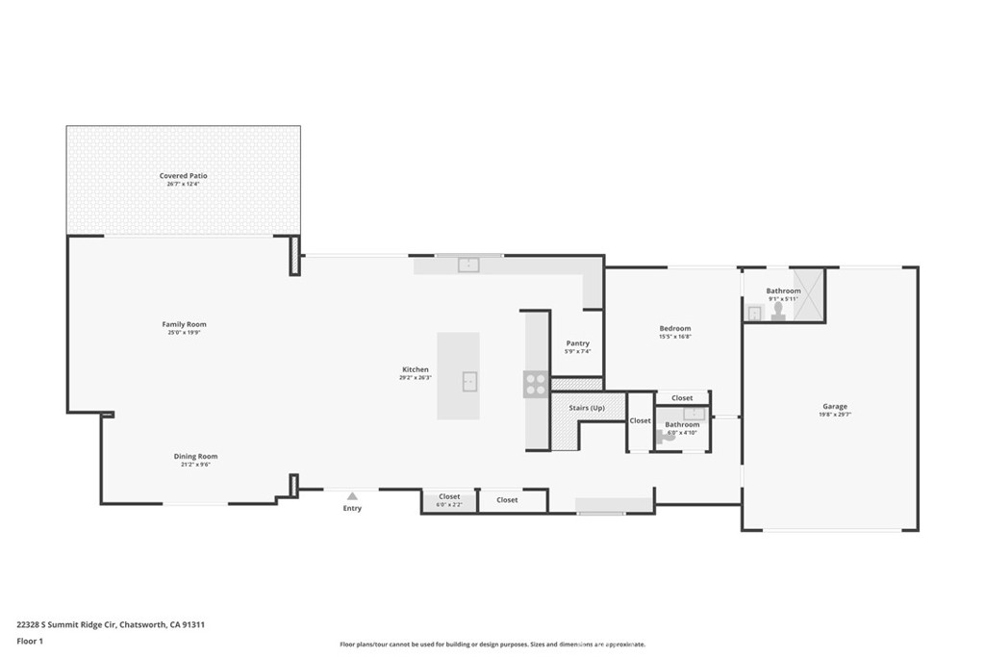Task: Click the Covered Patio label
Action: [183, 176]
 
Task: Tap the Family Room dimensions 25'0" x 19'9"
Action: [184, 333]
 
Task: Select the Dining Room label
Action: [195, 456]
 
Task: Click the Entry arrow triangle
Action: [352, 496]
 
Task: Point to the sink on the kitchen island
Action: [468, 382]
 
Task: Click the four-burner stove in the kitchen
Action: [536, 385]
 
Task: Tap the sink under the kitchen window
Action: [468, 265]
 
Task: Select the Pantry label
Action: [577, 343]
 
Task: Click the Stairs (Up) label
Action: [587, 408]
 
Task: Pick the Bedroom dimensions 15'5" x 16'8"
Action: [674, 337]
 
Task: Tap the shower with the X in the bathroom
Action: [809, 295]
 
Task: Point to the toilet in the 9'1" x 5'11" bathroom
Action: [778, 311]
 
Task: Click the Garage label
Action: [834, 406]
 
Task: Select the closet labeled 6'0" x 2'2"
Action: [449, 500]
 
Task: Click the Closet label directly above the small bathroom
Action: [682, 398]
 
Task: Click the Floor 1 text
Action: [30, 641]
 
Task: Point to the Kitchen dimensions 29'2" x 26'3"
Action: [416, 378]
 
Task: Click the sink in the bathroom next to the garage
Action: [755, 312]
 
